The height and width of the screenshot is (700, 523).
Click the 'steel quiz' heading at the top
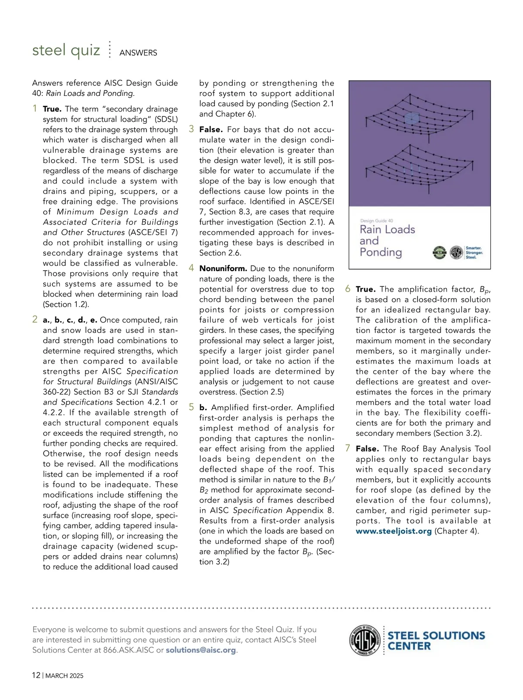(x=66, y=51)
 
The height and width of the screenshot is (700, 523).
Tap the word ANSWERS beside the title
(x=138, y=53)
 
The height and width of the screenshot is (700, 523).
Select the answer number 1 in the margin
(x=35, y=108)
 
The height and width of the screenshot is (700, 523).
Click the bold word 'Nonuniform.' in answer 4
(x=223, y=268)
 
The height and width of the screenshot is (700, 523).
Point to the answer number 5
(x=191, y=407)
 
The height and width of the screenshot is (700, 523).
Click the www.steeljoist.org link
(x=394, y=531)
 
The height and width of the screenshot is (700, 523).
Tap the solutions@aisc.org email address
(x=201, y=650)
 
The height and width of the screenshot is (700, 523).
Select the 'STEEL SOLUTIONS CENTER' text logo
(x=436, y=641)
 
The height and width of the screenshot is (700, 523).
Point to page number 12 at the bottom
(x=36, y=676)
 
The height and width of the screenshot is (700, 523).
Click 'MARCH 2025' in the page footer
(x=65, y=676)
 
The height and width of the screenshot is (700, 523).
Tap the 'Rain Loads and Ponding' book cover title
(x=387, y=241)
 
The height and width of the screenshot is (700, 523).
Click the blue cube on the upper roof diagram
(x=411, y=118)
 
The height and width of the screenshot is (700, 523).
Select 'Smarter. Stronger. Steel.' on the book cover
(x=474, y=253)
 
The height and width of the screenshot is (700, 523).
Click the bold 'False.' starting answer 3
(x=211, y=129)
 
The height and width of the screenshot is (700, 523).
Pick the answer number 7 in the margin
(x=348, y=448)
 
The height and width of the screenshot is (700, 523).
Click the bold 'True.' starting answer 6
(x=365, y=289)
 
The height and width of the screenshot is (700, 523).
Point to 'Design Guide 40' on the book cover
(x=377, y=221)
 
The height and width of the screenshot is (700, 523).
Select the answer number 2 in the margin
(x=35, y=319)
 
